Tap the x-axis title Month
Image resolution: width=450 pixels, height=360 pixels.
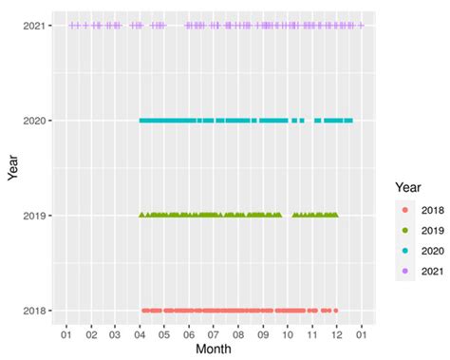[214, 350]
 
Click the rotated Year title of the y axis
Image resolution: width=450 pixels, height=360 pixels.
[11, 168]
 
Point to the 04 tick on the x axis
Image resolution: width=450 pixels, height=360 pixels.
[140, 334]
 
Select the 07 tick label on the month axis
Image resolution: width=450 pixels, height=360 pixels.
[214, 334]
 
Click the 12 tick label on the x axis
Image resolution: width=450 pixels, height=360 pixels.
[336, 334]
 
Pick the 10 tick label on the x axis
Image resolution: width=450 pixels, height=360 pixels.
[288, 334]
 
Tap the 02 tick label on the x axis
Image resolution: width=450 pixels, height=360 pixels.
[90, 334]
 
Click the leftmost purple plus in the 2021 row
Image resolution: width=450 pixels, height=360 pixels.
[71, 26]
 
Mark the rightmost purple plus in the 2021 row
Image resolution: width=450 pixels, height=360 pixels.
[361, 26]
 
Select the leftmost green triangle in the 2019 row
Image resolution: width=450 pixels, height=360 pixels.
[141, 216]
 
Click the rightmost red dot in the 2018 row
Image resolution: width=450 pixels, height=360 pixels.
[335, 311]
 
